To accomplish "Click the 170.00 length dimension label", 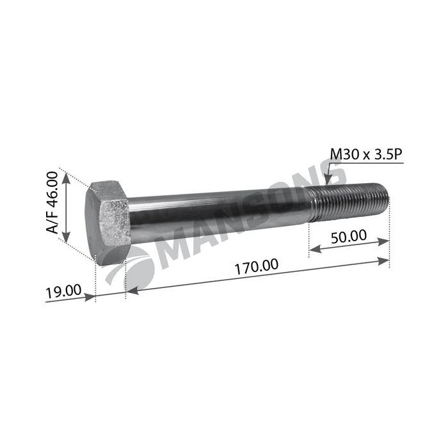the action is click(x=256, y=266).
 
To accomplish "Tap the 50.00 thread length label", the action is click(x=349, y=237).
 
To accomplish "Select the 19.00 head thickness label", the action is click(x=63, y=291).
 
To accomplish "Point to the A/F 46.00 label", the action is click(x=52, y=202).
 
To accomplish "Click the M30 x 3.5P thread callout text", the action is click(x=366, y=155).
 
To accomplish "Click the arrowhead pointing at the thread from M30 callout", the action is click(x=328, y=180).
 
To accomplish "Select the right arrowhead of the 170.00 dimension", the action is click(x=383, y=261).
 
